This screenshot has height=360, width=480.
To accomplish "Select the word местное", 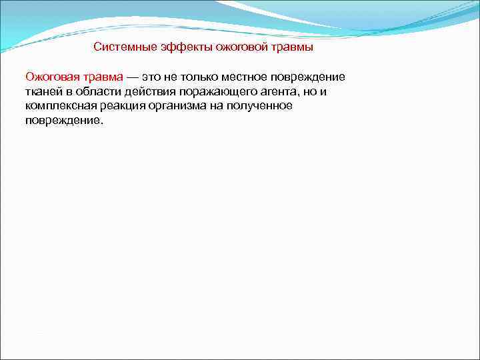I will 245,77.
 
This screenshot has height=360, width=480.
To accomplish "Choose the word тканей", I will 43,92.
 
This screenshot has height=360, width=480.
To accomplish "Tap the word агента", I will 273,92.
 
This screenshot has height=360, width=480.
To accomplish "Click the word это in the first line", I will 151,77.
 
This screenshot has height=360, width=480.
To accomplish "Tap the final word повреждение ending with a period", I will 65,121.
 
